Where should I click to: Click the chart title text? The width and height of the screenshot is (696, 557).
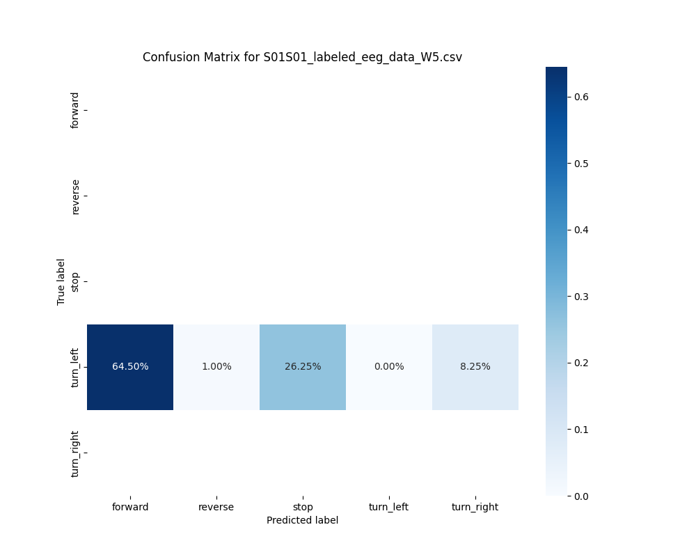tap(302, 57)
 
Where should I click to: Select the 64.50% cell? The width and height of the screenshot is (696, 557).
tap(130, 367)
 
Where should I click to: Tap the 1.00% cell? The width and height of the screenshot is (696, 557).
tap(216, 367)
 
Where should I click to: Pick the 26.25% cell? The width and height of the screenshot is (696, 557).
tap(303, 367)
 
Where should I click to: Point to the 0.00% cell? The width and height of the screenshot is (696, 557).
tap(389, 367)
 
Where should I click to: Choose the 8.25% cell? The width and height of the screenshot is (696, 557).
tap(475, 367)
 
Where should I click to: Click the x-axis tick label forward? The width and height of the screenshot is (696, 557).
tap(130, 507)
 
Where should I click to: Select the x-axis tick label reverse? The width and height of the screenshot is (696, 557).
tap(216, 507)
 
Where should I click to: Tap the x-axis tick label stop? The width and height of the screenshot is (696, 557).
tap(303, 507)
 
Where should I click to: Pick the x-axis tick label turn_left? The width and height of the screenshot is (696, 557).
tap(389, 507)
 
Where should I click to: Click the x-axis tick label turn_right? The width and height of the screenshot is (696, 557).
tap(475, 507)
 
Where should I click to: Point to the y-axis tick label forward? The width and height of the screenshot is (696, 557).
tap(75, 110)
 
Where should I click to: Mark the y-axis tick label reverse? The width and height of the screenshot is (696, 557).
tap(75, 196)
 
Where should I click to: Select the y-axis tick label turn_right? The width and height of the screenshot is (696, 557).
tap(75, 453)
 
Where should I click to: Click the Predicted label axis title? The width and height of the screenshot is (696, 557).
tap(303, 520)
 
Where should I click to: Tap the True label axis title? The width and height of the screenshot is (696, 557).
tap(61, 281)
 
